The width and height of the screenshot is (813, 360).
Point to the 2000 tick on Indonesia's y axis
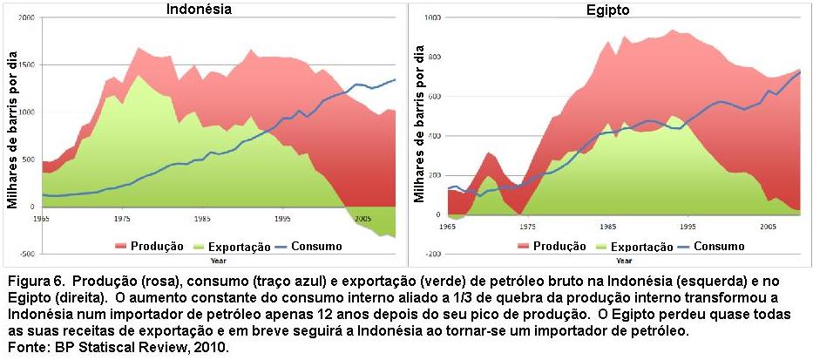click(26, 18)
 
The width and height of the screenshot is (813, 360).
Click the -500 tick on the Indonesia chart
click(26, 254)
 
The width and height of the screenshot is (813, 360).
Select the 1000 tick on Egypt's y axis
click(431, 18)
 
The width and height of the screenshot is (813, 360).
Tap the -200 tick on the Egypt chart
click(431, 254)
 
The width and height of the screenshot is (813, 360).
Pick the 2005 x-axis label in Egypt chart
click(768, 226)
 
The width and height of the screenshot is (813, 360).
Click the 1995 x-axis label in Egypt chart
click(688, 226)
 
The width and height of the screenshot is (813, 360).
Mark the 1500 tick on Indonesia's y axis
click(26, 65)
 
